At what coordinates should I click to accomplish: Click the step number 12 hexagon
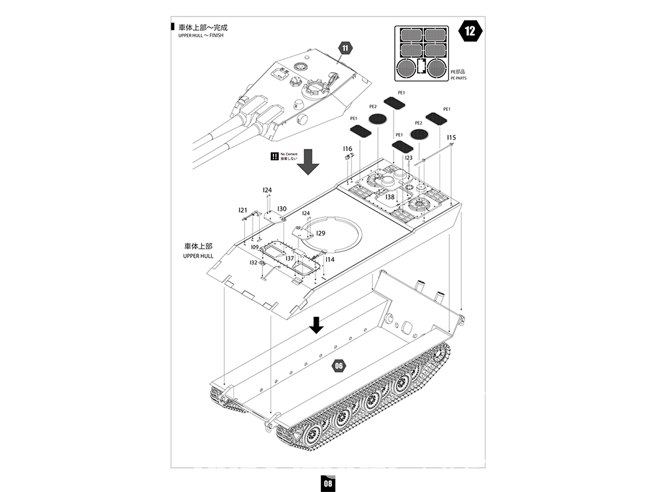click(x=470, y=31)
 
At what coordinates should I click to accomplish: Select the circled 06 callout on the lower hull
click(x=338, y=366)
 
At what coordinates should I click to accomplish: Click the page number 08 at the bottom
click(x=327, y=483)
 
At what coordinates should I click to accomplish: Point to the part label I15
click(x=451, y=138)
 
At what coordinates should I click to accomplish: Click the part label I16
click(x=348, y=150)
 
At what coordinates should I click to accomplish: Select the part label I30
click(x=281, y=209)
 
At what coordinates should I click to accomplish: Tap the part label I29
click(x=321, y=233)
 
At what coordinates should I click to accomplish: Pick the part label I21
click(x=243, y=211)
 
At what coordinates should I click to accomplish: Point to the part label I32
click(x=253, y=262)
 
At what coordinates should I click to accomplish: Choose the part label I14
click(x=329, y=260)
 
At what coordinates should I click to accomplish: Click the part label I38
click(x=390, y=197)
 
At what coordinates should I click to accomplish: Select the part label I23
click(x=408, y=158)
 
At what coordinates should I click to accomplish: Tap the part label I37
click(x=289, y=258)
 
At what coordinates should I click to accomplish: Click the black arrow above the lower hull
click(x=317, y=324)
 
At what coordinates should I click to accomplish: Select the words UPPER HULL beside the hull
click(x=199, y=256)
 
